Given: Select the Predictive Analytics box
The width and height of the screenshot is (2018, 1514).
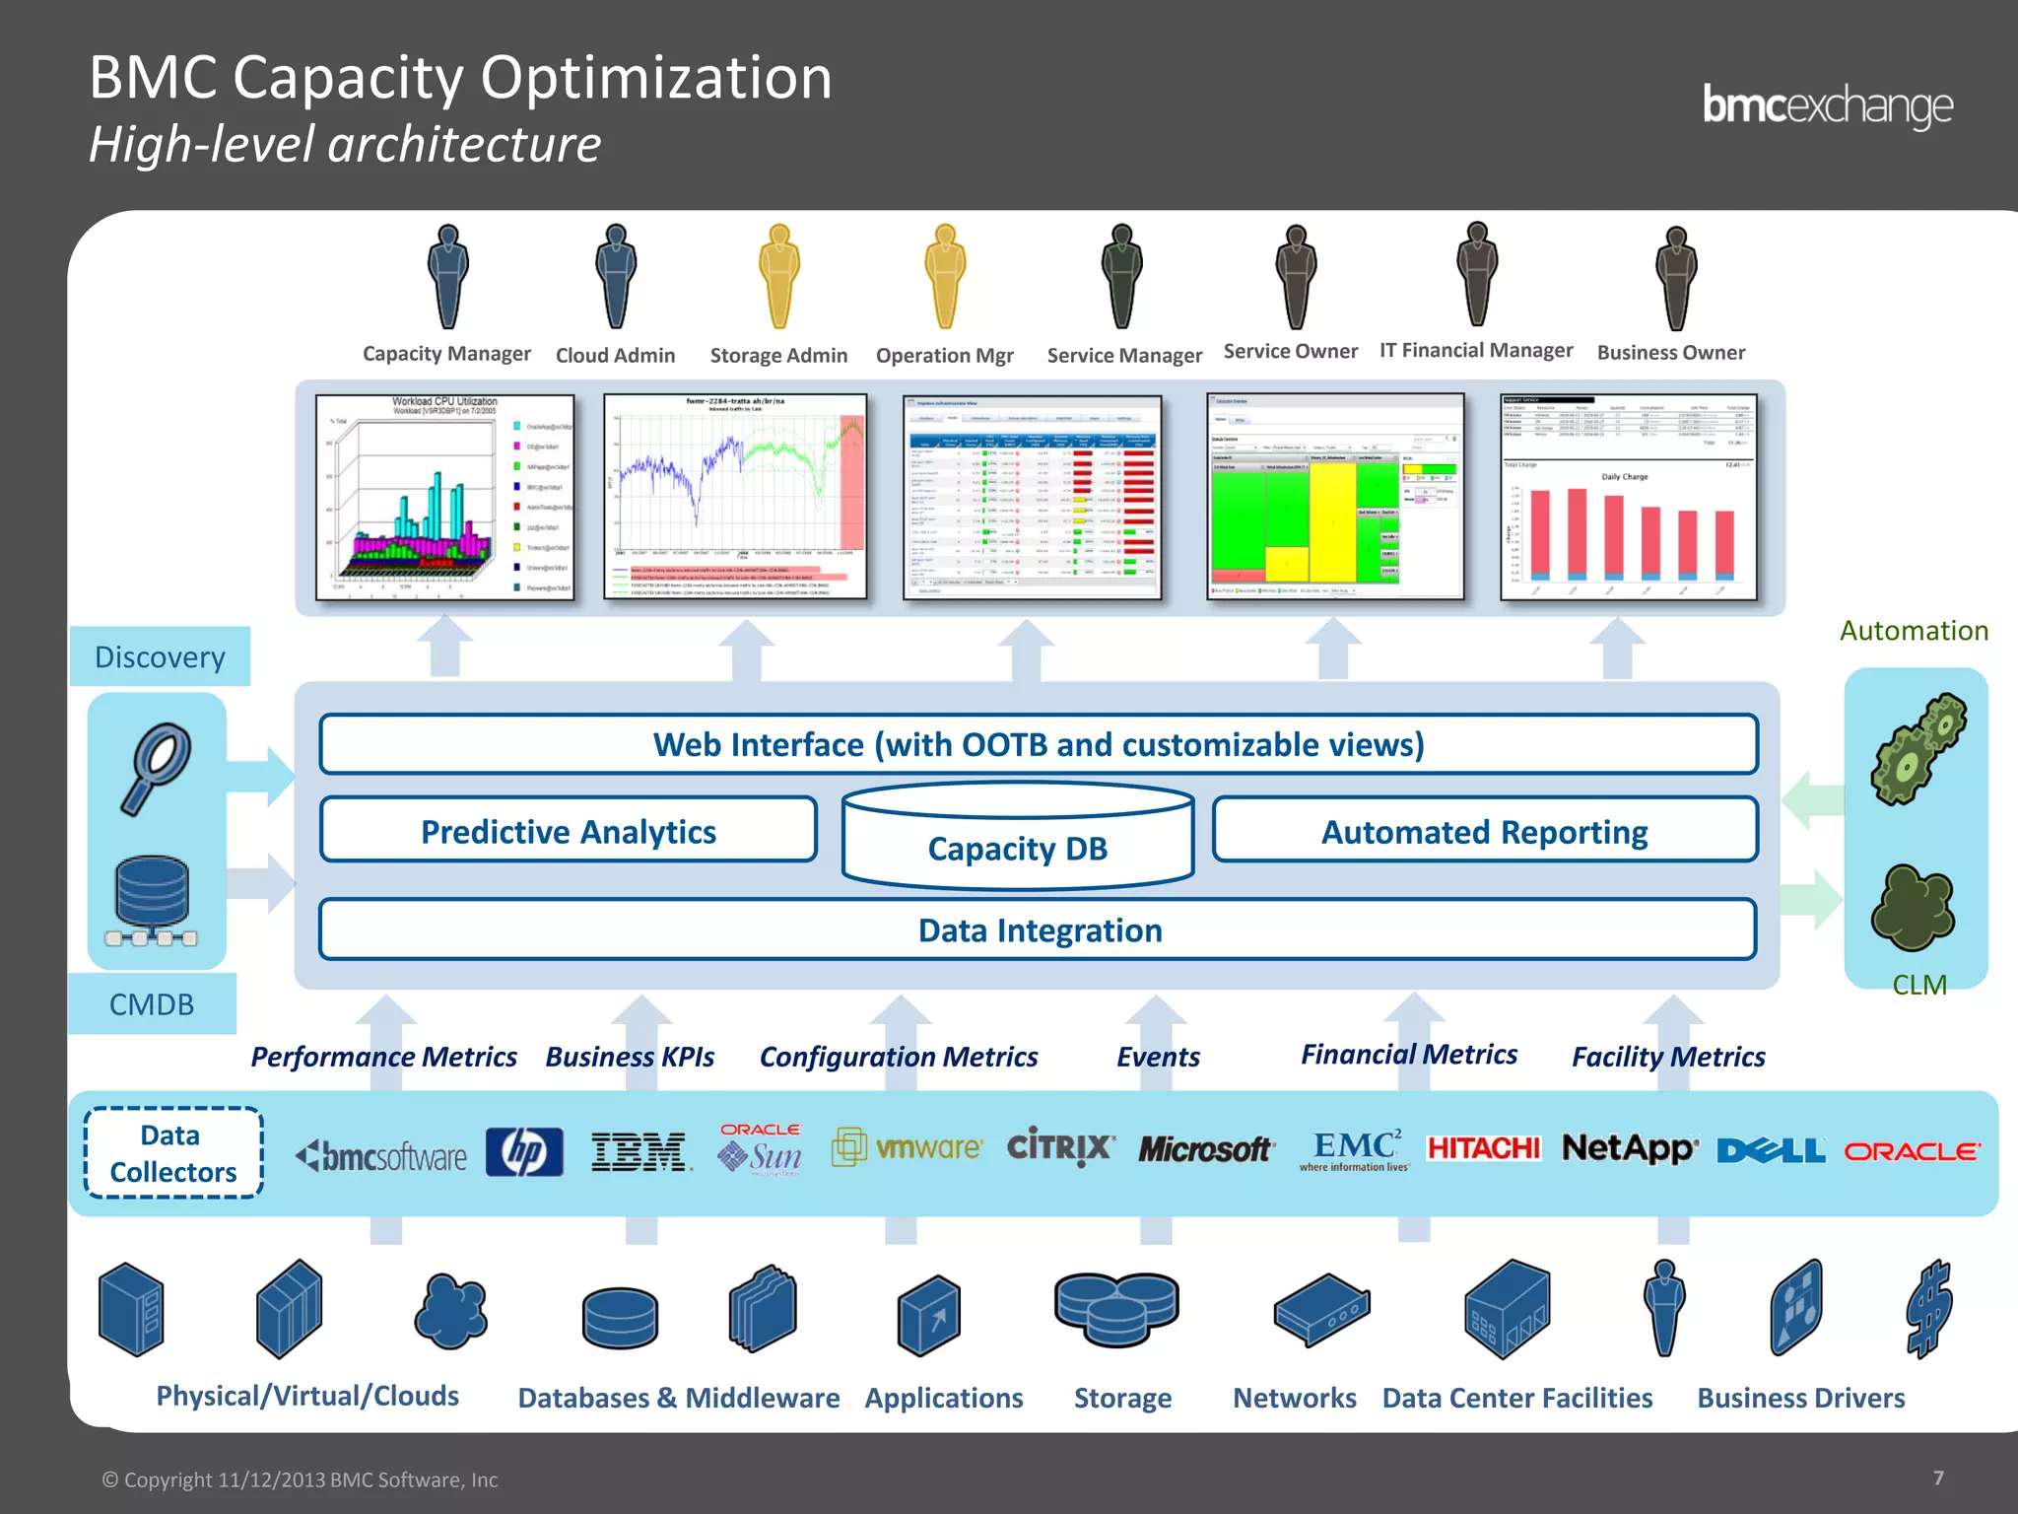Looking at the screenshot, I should point(569,831).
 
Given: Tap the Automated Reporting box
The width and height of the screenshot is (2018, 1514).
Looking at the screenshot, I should point(1484,831).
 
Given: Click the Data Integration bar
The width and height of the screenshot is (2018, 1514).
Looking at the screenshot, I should point(1039,929).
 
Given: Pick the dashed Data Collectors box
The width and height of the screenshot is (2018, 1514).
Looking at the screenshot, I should point(173,1152).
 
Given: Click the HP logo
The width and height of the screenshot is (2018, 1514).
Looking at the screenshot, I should point(524,1151).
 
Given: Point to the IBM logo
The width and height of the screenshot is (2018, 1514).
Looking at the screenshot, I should point(639,1151).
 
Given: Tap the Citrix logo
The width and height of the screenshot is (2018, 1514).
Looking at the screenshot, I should point(1060,1147).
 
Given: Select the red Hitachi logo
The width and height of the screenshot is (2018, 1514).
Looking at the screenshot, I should point(1483,1148).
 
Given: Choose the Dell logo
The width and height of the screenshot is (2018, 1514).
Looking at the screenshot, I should point(1771,1150).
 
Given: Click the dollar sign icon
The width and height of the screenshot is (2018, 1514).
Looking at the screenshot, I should point(1928,1309).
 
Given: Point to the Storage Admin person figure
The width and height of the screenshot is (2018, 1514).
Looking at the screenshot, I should point(778,277).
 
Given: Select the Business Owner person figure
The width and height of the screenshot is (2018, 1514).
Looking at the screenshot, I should point(1675,278).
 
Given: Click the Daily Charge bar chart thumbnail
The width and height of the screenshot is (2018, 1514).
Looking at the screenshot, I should point(1628,497).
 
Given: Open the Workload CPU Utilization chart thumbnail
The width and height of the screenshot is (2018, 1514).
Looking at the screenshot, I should point(444,497).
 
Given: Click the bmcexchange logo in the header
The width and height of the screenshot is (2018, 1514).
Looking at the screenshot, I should point(1827,106).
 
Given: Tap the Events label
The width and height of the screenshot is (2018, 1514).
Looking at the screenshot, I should point(1158,1057).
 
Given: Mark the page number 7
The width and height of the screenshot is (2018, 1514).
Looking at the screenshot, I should point(1938,1478).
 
